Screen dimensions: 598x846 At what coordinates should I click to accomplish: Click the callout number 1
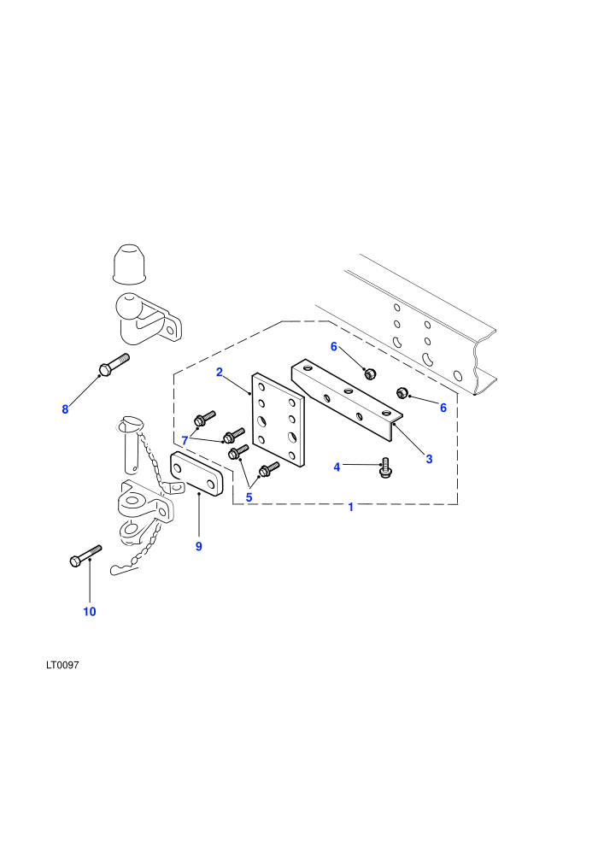[351, 507]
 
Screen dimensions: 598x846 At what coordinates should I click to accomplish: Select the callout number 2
[220, 373]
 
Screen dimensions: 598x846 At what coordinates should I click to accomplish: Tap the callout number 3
[429, 459]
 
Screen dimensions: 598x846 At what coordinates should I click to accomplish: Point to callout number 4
[337, 467]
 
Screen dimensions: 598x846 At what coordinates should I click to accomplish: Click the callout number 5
[249, 497]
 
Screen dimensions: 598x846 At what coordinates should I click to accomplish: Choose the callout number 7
[185, 441]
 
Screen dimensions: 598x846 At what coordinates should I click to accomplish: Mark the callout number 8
[65, 409]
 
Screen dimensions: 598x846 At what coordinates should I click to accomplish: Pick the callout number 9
[199, 547]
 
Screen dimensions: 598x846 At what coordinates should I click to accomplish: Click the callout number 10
[90, 611]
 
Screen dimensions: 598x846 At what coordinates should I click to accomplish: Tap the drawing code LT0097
[62, 665]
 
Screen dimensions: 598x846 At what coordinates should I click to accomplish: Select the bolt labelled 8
[114, 364]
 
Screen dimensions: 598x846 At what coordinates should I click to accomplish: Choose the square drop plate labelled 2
[278, 420]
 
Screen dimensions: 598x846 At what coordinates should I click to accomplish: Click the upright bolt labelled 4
[385, 467]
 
